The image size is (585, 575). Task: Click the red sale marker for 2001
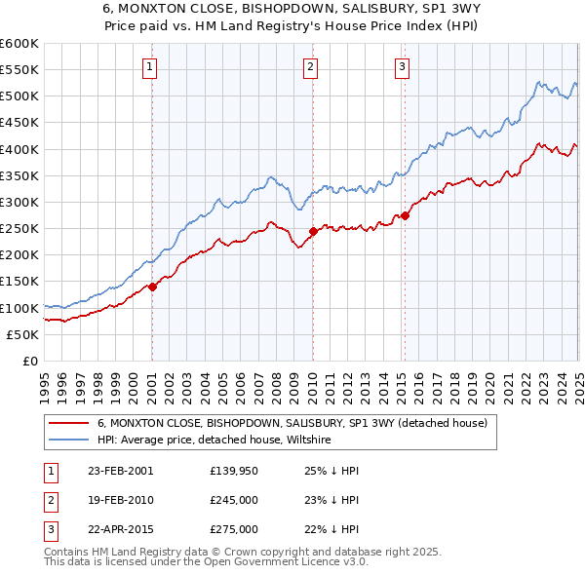tap(153, 287)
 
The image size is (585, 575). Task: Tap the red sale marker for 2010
tap(313, 231)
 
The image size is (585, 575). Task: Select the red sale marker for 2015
tap(405, 215)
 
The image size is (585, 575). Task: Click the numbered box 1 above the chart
tap(150, 67)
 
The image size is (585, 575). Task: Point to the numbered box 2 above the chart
tap(310, 67)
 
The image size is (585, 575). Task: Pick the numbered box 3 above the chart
tap(402, 67)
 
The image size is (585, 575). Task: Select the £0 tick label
tap(29, 361)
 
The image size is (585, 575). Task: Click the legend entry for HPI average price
tap(214, 441)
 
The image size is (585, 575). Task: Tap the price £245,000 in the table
tap(234, 500)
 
